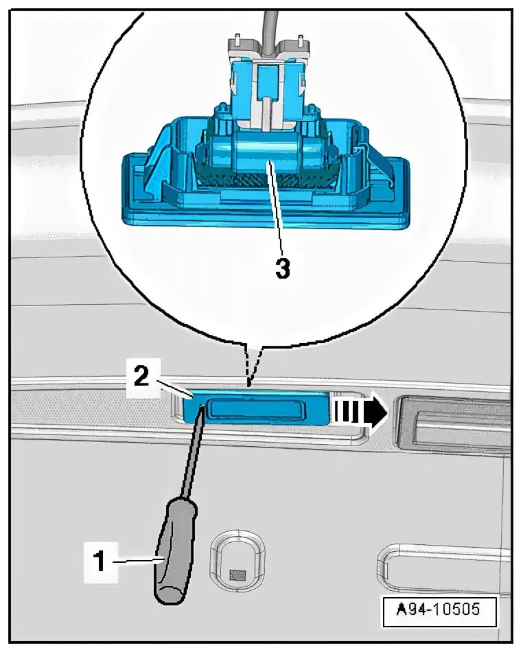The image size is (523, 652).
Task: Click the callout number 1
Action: pos(99,561)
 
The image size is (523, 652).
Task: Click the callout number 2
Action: pos(140,377)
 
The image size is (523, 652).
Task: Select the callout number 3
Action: pos(282,268)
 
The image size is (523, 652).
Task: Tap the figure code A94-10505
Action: pos(439,608)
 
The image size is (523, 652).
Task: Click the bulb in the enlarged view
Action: pos(268,157)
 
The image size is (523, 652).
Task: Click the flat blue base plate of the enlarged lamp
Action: pos(268,216)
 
